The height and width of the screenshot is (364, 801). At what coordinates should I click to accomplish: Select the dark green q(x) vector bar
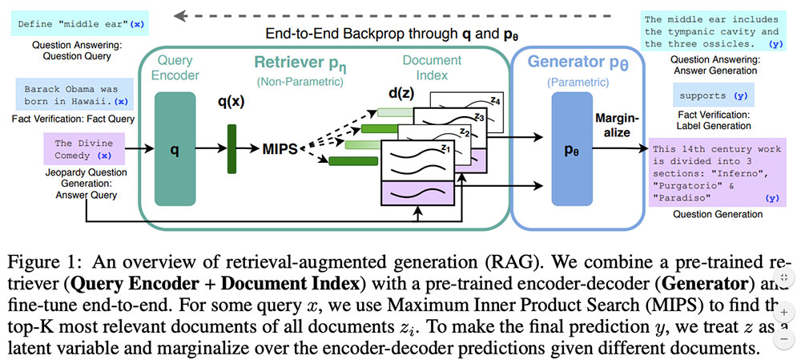tap(232, 149)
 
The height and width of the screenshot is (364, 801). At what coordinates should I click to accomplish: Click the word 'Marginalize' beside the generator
tap(616, 126)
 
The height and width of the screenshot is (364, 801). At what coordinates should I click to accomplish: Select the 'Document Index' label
tap(433, 67)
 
